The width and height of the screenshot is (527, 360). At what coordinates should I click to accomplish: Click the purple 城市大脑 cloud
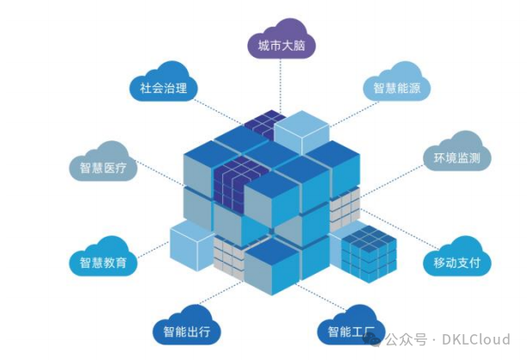coord(281,44)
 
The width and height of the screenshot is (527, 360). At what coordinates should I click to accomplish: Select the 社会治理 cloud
coord(164,86)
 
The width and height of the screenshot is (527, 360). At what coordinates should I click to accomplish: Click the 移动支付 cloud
coord(457,261)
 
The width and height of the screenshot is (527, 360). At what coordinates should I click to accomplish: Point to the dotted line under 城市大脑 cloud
coord(281,86)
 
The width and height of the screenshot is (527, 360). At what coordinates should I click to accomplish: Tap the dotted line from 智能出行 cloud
coord(215,293)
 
